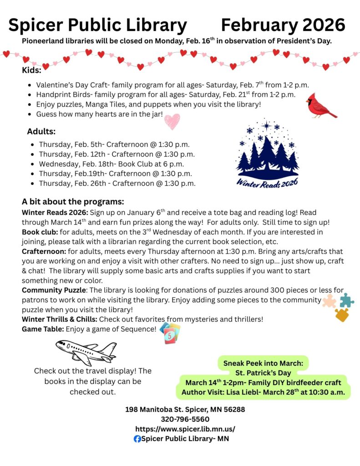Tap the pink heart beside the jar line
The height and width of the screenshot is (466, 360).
pos(172,121)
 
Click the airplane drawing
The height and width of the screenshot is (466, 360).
pos(86,351)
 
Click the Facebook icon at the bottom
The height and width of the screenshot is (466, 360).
pos(137,439)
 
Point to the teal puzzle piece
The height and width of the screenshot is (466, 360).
pos(346,300)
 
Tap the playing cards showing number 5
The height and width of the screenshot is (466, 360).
pos(170,333)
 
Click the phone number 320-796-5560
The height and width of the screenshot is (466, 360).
pos(185,419)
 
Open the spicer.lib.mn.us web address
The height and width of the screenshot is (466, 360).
pos(185,429)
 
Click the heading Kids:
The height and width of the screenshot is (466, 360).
pos(31,70)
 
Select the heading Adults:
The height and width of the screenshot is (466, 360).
pos(41,132)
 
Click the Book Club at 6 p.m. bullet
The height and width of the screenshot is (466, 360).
pos(112,164)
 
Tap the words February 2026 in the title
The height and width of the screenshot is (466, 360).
pos(283,25)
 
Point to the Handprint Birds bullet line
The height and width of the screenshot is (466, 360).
pos(166,95)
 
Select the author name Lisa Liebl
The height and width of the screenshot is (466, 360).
pos(241,392)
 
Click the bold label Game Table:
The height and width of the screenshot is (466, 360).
pos(43,328)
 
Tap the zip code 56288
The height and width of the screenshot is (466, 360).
pos(234,410)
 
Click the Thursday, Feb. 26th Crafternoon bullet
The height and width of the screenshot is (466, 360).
pos(117,183)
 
